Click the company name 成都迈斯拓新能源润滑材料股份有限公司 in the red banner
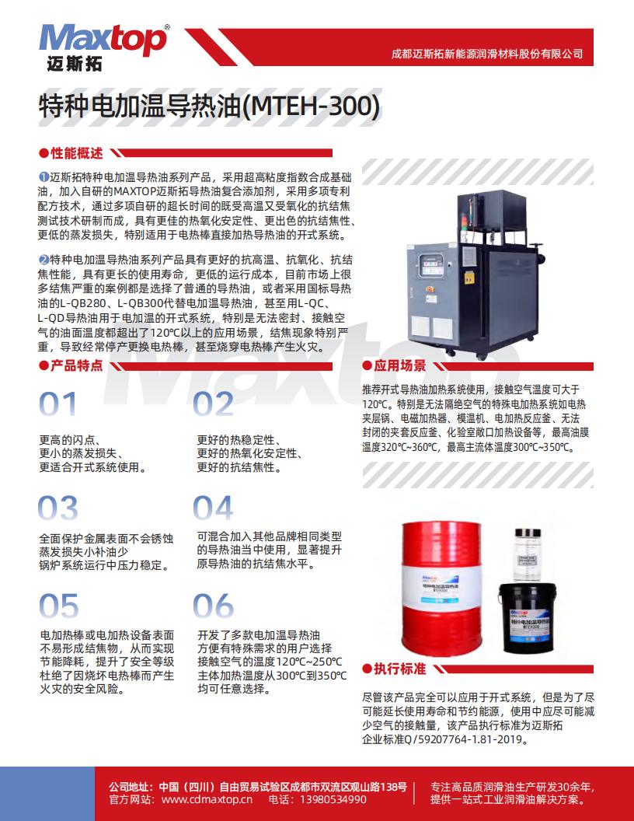pyautogui.click(x=486, y=54)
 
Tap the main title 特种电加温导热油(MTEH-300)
pyautogui.click(x=209, y=107)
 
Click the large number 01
pyautogui.click(x=59, y=404)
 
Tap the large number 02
pyautogui.click(x=214, y=404)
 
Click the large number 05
pyautogui.click(x=59, y=606)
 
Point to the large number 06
pyautogui.click(x=214, y=606)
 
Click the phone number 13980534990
pyautogui.click(x=333, y=799)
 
